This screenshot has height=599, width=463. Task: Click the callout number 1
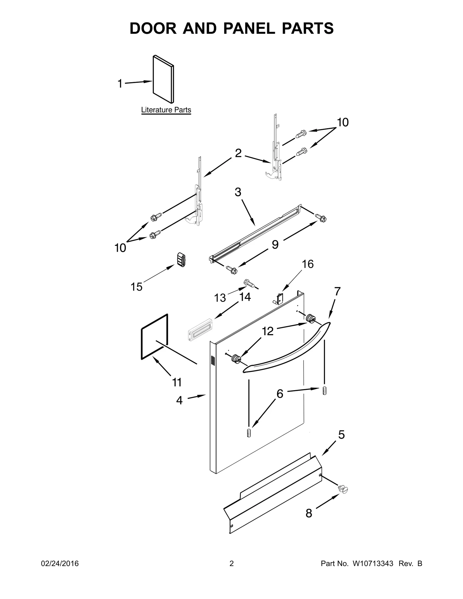[x=120, y=84]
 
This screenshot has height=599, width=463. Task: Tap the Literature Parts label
[x=166, y=110]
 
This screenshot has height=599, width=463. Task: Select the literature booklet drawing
[x=163, y=80]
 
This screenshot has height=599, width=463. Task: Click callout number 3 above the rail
[x=238, y=192]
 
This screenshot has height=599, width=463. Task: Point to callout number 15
[x=137, y=287]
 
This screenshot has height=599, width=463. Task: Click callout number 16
[x=308, y=264]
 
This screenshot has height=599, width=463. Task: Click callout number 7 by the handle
[x=337, y=292]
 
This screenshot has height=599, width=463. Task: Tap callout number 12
[x=268, y=331]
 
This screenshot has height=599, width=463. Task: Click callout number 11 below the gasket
[x=177, y=382]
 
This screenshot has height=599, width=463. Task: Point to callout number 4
[x=179, y=401]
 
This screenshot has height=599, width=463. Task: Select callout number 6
[x=280, y=394]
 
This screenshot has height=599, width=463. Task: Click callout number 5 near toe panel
[x=341, y=435]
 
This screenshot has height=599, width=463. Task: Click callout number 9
[x=275, y=245]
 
